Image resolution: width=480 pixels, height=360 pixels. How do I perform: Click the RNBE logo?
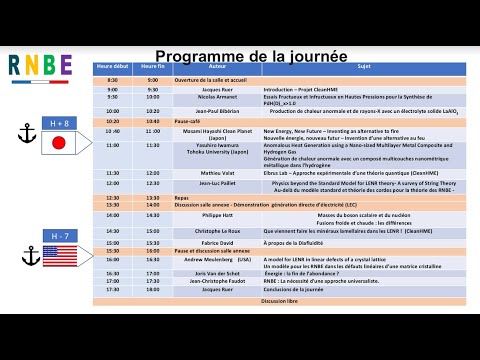[x=41, y=64]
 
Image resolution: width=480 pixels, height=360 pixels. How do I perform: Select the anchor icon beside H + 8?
[x=27, y=133]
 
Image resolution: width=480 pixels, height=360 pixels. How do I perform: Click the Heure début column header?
[x=113, y=67]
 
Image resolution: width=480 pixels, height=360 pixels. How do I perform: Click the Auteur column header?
[x=217, y=67]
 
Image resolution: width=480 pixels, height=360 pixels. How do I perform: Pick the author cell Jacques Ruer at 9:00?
[x=217, y=88]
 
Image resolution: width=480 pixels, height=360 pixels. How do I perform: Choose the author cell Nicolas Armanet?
[x=217, y=98]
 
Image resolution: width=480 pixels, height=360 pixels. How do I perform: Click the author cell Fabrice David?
[x=217, y=242]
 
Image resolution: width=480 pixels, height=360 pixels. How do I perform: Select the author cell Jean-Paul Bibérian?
[x=217, y=111]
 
